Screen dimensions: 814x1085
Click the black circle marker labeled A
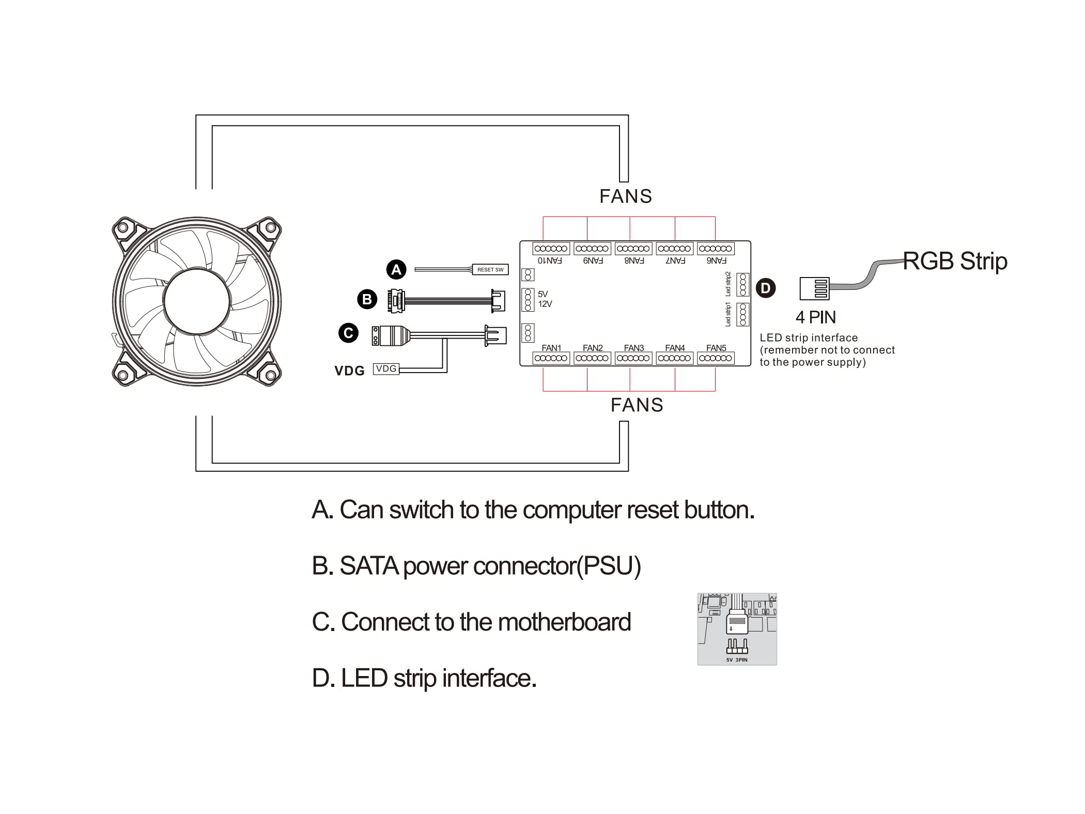(x=396, y=269)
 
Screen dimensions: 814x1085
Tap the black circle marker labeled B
(x=367, y=299)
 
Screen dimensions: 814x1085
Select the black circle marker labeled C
(x=348, y=333)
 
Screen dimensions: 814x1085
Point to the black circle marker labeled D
(x=766, y=288)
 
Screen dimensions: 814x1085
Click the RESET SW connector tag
(x=490, y=269)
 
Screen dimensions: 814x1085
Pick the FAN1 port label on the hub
(x=551, y=348)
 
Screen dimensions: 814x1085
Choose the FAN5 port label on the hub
(x=716, y=348)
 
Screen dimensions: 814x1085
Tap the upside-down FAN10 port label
(x=550, y=260)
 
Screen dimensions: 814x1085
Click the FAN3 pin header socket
(x=633, y=358)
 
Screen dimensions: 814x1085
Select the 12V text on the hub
(x=545, y=304)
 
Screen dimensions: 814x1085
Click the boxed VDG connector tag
(x=386, y=368)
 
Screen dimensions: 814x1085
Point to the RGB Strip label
(x=955, y=261)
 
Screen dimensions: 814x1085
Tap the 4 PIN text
(x=815, y=317)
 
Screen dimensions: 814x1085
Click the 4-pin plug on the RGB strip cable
(x=814, y=288)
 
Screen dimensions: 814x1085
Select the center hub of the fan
(x=197, y=302)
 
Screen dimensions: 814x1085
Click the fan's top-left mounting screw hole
(x=123, y=227)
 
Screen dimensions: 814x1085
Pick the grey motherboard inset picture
(x=737, y=629)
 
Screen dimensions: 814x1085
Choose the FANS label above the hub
(x=626, y=196)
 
